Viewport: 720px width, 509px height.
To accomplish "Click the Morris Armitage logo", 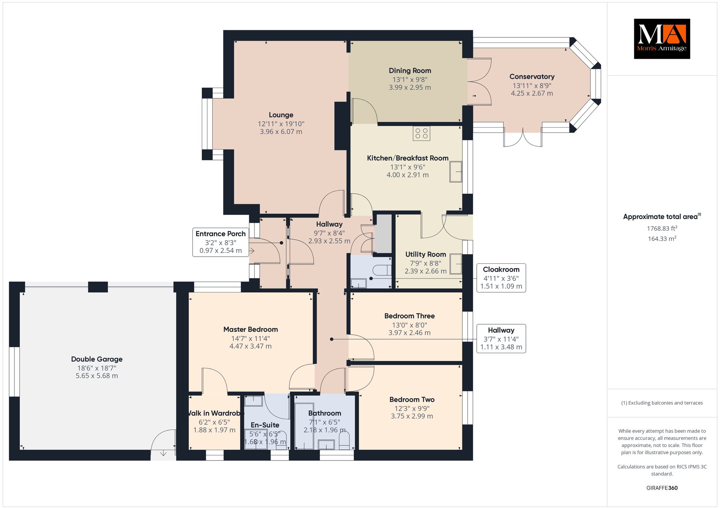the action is tap(662, 39).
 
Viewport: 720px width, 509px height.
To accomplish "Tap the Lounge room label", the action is tap(281, 115).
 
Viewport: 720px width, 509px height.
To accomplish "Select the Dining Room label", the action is tap(410, 71).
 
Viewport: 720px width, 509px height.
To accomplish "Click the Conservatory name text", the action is tap(532, 77).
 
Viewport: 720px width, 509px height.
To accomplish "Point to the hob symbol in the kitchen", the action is tap(422, 133).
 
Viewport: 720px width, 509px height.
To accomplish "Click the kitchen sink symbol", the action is tap(456, 172).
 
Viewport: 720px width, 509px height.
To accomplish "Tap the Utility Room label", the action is tap(426, 254).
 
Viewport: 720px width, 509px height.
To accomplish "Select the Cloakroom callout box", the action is tap(501, 278).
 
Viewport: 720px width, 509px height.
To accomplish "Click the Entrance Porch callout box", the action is tap(221, 242).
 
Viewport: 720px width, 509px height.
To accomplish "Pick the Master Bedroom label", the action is tap(251, 329).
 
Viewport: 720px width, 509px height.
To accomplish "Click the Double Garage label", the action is tap(97, 359).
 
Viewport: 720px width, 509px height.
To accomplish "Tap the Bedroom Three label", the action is tap(410, 316).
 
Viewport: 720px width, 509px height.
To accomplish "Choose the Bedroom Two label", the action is tap(412, 400).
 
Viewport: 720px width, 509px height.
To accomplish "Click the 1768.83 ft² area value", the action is tap(662, 228).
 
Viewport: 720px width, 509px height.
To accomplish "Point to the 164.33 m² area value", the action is tap(662, 239).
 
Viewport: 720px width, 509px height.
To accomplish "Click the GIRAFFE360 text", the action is tap(662, 488).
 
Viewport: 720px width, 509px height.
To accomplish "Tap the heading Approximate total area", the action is tap(662, 217).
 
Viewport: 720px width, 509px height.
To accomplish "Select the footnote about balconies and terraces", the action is tap(662, 403).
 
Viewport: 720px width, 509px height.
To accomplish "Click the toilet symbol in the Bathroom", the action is tap(344, 440).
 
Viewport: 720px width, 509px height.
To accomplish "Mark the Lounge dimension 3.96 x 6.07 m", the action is tap(281, 132).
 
